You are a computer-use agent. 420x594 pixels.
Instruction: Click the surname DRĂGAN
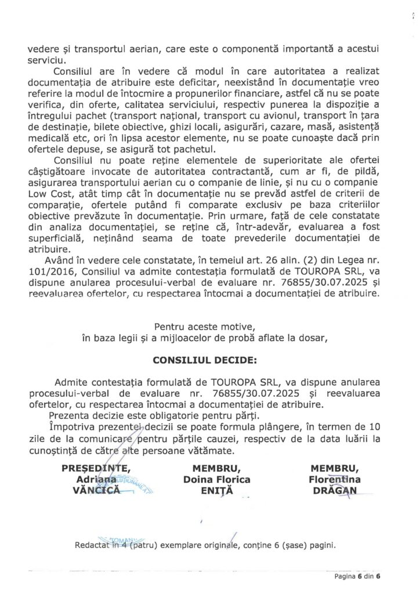pyautogui.click(x=335, y=491)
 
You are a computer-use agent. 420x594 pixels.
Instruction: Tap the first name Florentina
pyautogui.click(x=335, y=480)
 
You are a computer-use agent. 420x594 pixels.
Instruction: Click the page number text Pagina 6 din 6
pyautogui.click(x=359, y=577)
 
